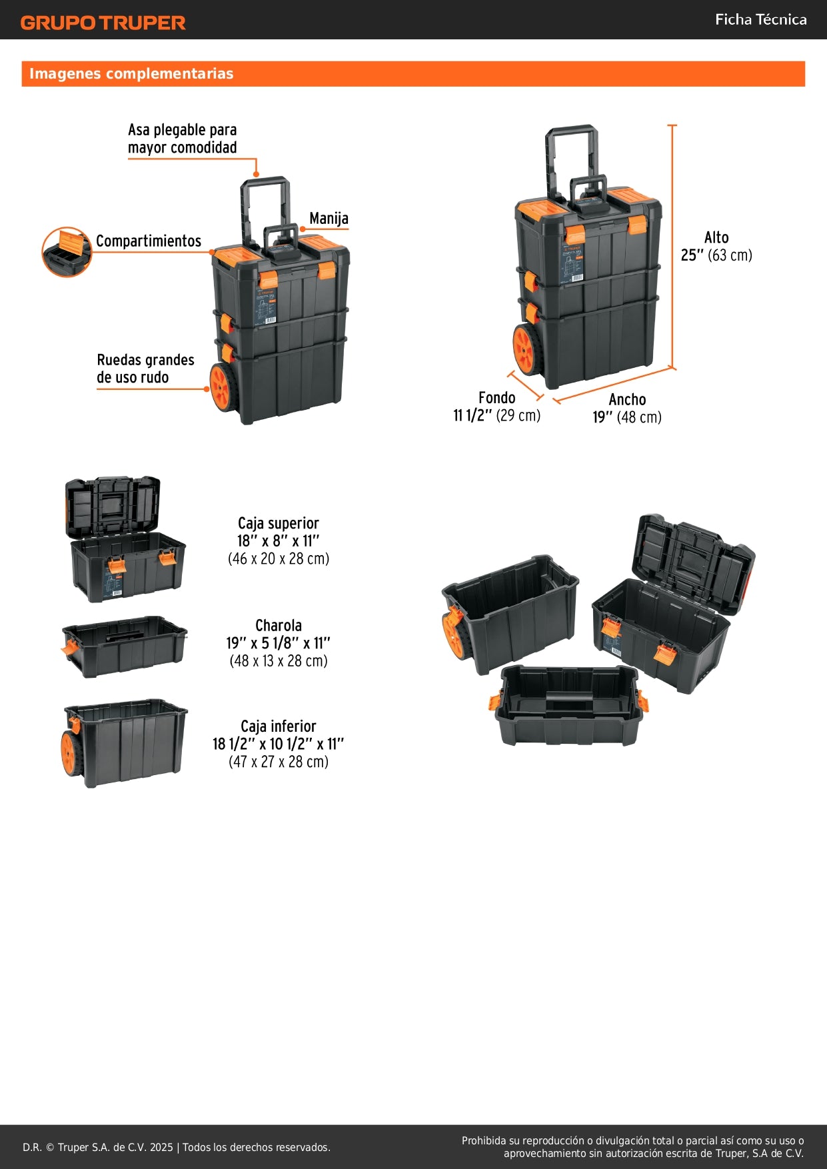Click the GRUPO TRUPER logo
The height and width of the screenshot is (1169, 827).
103,23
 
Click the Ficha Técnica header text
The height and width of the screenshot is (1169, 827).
760,20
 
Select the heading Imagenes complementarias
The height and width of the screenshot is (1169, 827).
131,74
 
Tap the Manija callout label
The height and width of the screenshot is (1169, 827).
329,219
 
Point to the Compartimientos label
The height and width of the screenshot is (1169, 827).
148,241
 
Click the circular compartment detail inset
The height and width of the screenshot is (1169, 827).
67,252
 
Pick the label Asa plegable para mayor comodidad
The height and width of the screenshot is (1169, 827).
182,139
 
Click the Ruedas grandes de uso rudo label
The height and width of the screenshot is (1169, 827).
145,369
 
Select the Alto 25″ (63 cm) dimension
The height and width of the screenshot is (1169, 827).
716,247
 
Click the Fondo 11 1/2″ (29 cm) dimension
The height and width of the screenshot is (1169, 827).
497,407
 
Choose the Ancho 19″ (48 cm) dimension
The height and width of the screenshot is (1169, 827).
627,408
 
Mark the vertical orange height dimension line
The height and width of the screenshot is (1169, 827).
672,247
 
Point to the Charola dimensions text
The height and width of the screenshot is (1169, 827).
279,643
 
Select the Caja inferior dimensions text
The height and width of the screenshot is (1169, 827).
279,744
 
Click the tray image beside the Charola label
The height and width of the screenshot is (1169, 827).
125,646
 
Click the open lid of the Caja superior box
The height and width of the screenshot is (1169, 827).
113,505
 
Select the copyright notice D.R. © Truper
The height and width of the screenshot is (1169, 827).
177,1147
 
